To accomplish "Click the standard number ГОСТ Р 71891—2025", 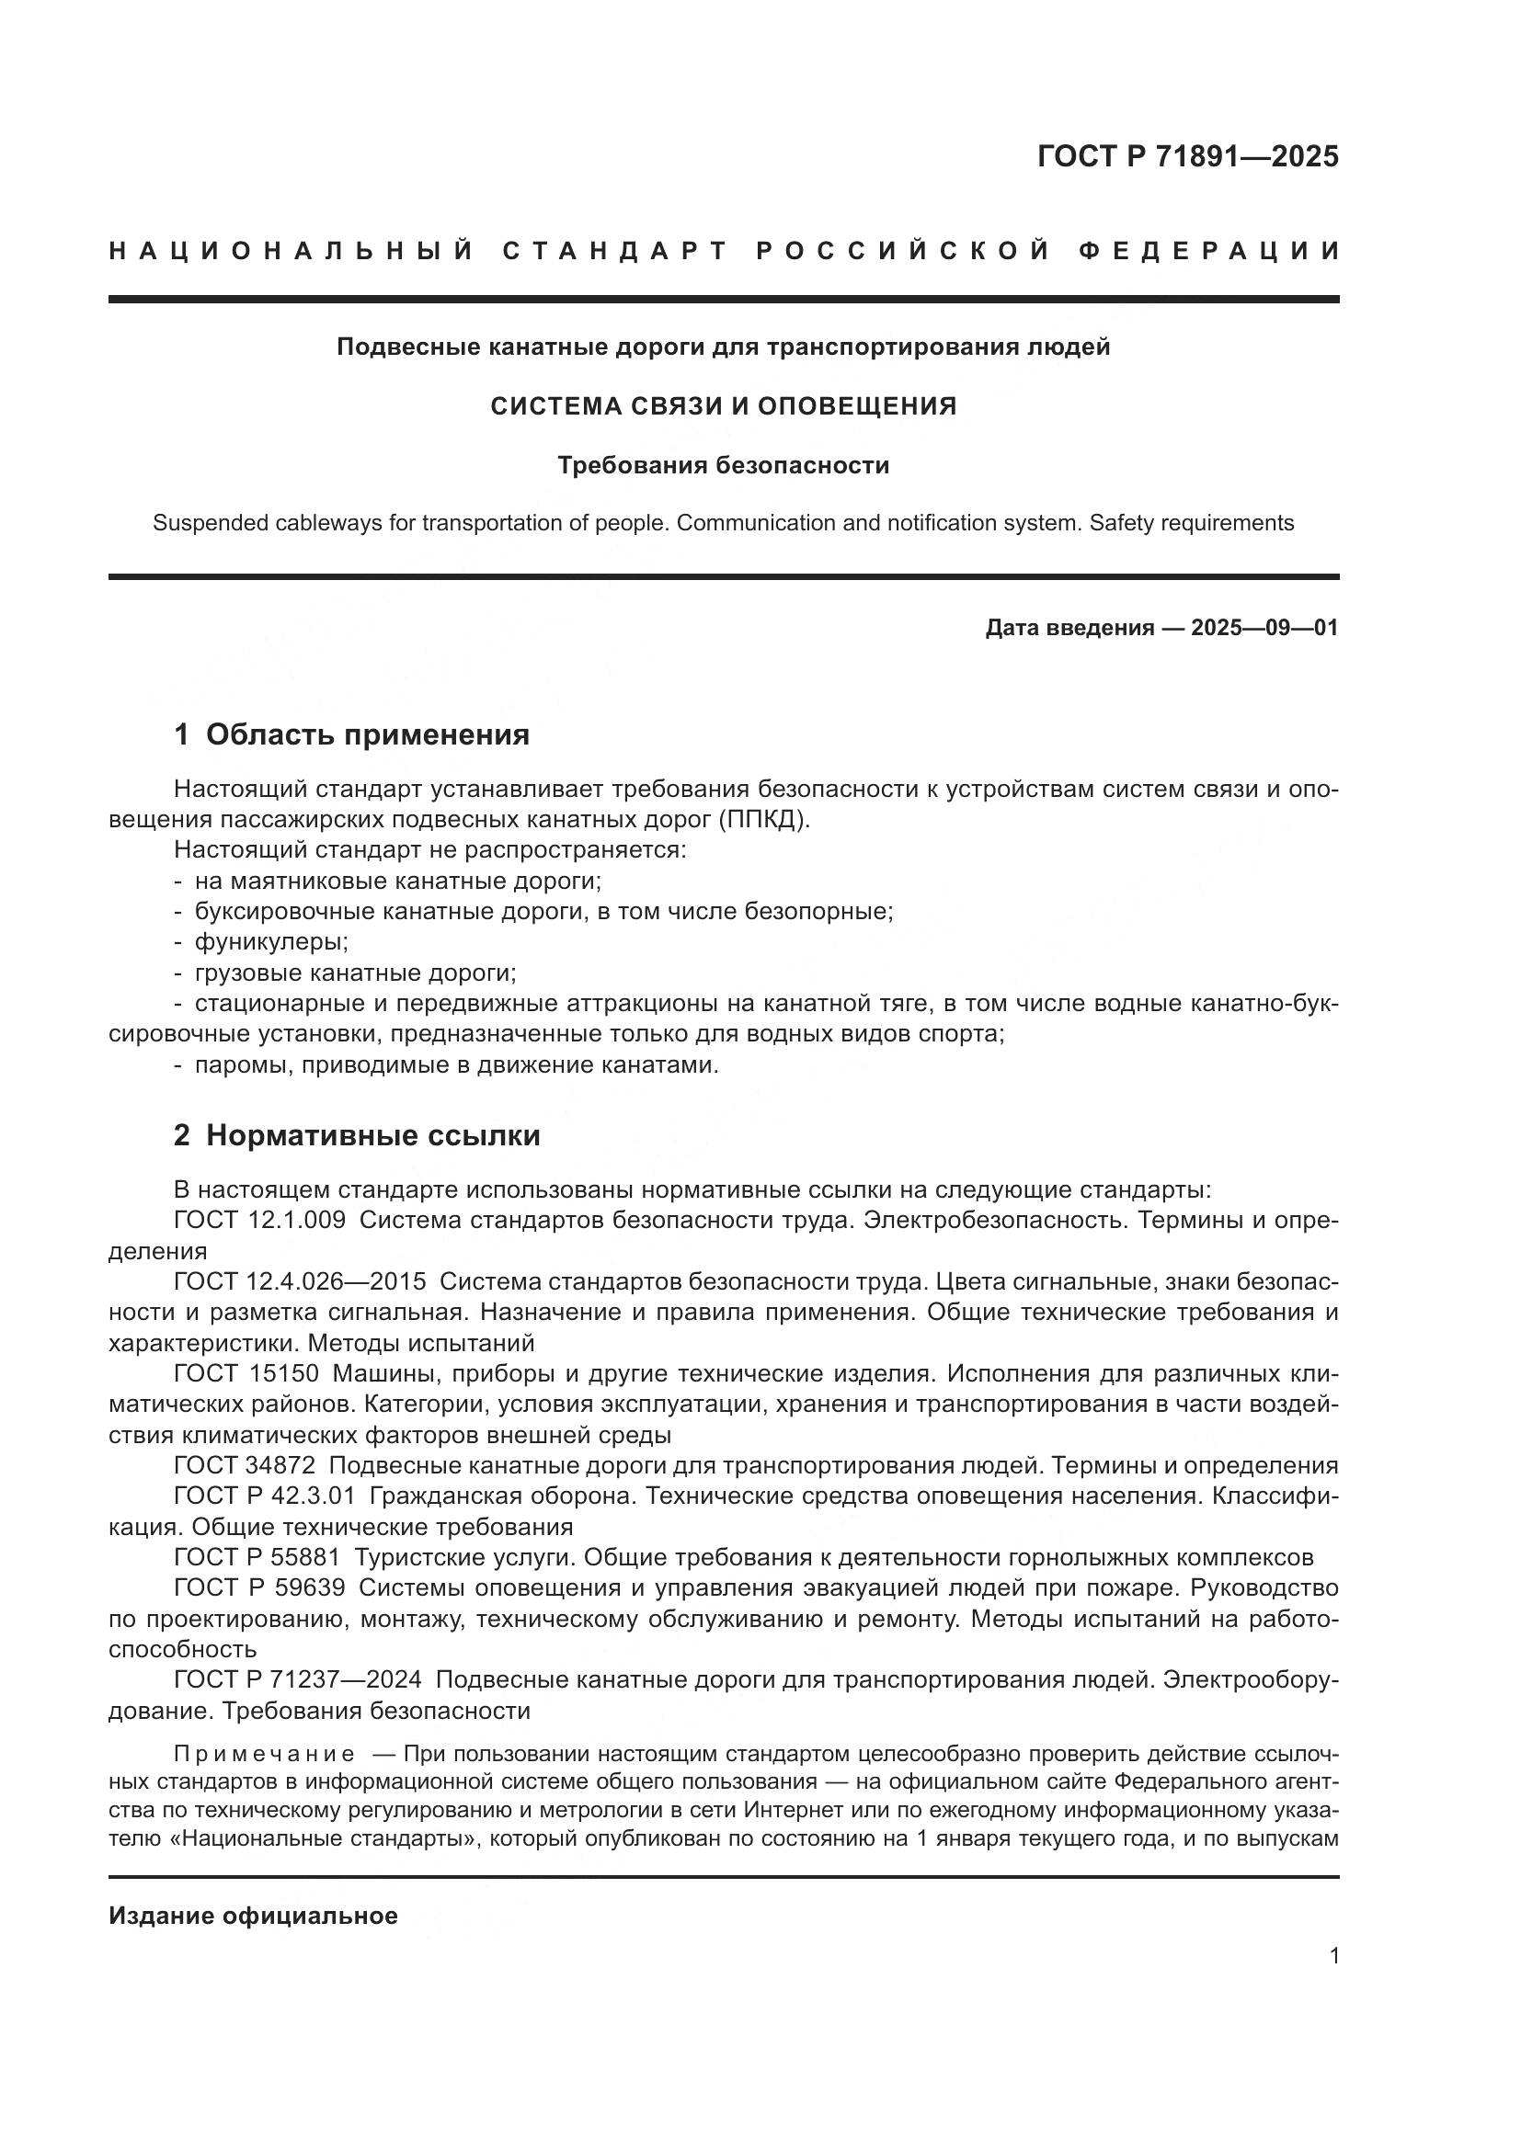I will tap(1187, 156).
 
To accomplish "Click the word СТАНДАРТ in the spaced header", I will tap(615, 251).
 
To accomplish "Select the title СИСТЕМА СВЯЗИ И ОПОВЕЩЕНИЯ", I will tap(724, 406).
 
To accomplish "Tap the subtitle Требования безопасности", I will tap(724, 465).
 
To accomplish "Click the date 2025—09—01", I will tap(1264, 628).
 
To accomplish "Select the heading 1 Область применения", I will tap(352, 735).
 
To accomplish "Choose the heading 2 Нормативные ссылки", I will tap(357, 1136).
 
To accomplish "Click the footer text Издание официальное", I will tap(253, 1916).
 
